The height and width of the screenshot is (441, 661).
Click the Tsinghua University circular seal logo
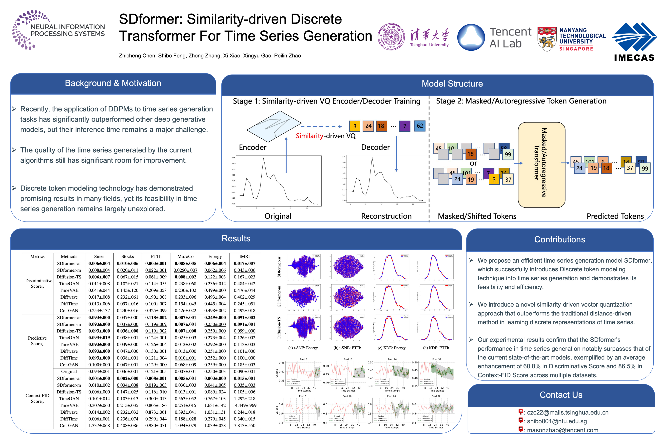391,37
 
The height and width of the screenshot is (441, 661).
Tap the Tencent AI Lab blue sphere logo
471,37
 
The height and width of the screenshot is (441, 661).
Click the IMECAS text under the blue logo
634,58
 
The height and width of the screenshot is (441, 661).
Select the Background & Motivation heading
113,83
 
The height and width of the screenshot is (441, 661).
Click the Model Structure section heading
452,84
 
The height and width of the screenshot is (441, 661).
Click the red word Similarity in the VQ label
309,136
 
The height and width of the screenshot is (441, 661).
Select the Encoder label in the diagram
252,147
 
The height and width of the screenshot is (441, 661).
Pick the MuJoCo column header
185,256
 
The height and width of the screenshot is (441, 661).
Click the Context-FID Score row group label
37,398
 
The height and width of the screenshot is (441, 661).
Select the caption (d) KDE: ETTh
436,348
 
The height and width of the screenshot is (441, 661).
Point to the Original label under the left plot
278,216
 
